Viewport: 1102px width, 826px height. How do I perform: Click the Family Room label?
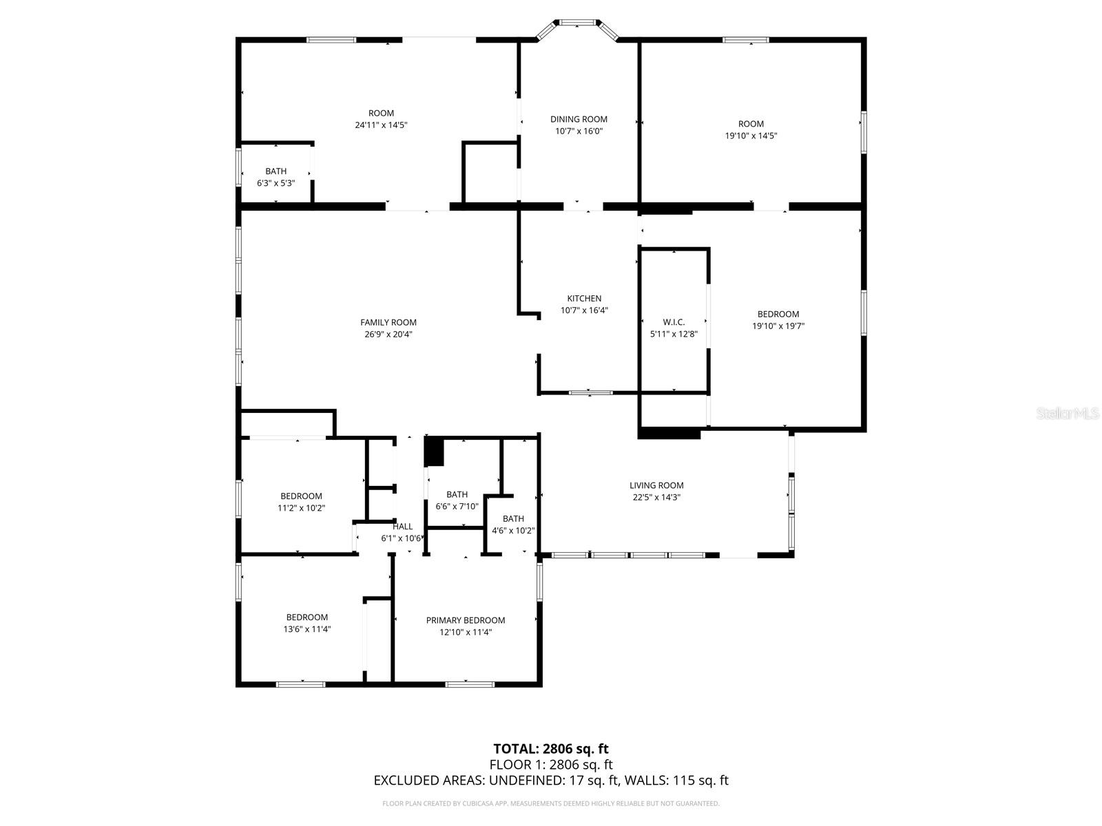388,322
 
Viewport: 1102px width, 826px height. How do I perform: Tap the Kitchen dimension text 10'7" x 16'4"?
584,310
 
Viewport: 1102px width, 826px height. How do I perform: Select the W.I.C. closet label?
674,322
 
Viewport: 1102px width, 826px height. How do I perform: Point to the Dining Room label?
579,119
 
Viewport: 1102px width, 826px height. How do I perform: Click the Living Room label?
656,485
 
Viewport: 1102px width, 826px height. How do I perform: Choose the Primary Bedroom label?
466,620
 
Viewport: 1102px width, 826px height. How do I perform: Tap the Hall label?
403,527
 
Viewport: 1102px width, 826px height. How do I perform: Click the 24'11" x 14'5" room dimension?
381,125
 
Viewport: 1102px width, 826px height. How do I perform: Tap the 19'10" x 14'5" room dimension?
751,136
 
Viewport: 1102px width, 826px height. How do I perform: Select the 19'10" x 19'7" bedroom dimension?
778,326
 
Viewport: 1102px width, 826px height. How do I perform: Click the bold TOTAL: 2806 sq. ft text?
550,748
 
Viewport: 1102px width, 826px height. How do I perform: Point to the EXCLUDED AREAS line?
550,780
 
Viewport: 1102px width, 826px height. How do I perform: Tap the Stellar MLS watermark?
1068,413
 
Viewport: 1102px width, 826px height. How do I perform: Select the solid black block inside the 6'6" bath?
434,452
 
